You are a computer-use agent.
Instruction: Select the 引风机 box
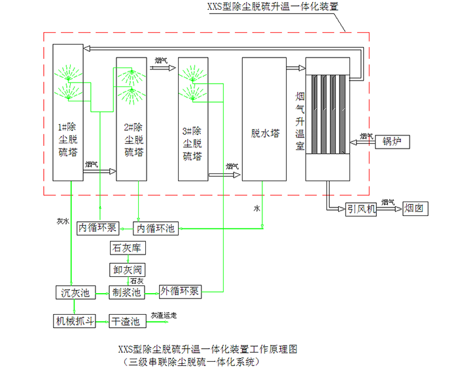point(362,209)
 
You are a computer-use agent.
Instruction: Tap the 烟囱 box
point(414,209)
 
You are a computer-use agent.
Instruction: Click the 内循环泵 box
point(97,228)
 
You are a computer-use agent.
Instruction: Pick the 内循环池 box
point(155,228)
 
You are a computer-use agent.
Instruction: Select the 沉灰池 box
point(75,292)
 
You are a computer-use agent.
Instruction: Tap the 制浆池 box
point(127,292)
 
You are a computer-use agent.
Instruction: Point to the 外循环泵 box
point(181,292)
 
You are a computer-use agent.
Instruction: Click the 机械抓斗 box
point(75,321)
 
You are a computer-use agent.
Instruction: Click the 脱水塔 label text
point(266,133)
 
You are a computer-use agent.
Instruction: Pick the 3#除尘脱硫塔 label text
point(192,143)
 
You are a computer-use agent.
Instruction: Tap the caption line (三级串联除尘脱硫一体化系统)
point(196,361)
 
